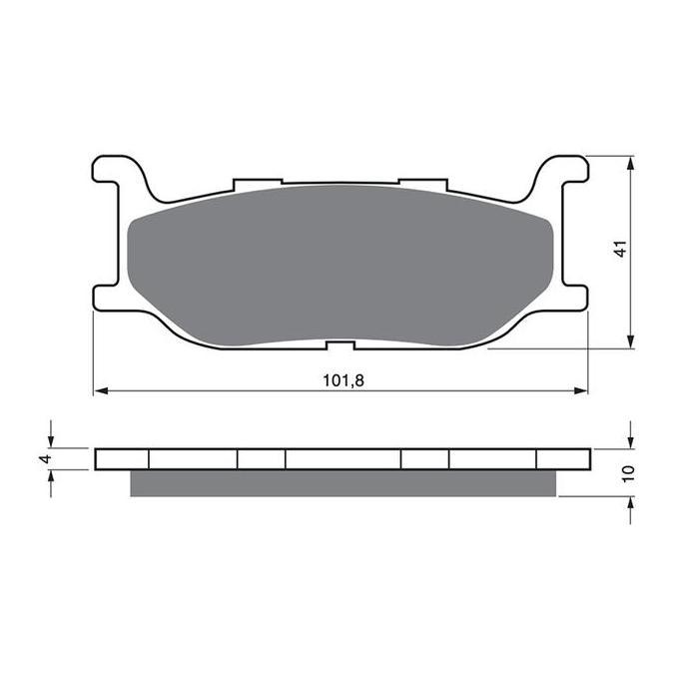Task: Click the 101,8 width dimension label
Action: click(x=343, y=380)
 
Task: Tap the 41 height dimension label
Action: click(x=620, y=249)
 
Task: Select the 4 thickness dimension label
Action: click(x=46, y=459)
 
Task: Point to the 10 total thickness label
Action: click(x=629, y=473)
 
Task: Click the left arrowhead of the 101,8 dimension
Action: click(x=101, y=390)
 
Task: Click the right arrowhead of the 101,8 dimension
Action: click(x=581, y=390)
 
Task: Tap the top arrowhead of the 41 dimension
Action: click(x=631, y=164)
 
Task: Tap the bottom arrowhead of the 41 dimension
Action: click(x=631, y=341)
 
